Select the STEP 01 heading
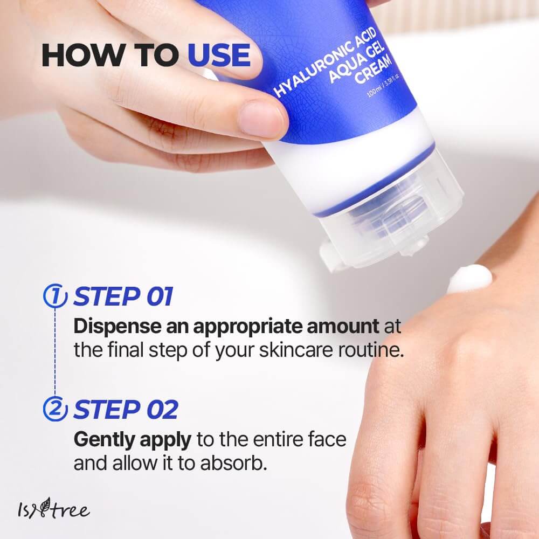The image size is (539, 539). pyautogui.click(x=123, y=297)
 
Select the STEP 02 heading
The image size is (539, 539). pyautogui.click(x=125, y=410)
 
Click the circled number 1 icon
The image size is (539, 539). pyautogui.click(x=55, y=297)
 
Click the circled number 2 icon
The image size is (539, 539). pyautogui.click(x=55, y=410)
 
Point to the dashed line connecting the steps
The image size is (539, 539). pyautogui.click(x=55, y=353)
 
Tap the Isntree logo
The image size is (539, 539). pyautogui.click(x=52, y=508)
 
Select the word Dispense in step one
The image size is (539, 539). pyautogui.click(x=112, y=327)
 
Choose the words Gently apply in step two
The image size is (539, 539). pyautogui.click(x=132, y=440)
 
